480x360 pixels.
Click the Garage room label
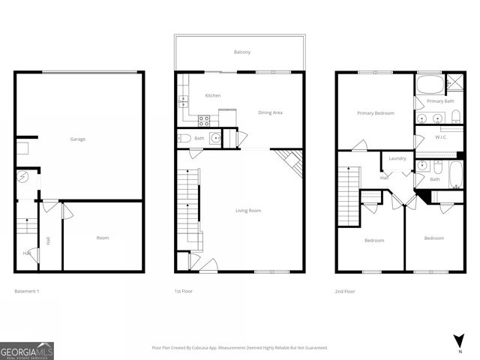click(78, 139)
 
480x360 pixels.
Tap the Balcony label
click(241, 52)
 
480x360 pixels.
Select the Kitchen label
click(213, 96)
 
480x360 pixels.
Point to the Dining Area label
click(270, 112)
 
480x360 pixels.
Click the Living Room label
click(248, 211)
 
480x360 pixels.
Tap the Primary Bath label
click(440, 100)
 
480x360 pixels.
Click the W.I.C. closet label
click(441, 137)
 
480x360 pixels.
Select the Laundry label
click(397, 158)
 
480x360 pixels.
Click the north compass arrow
click(458, 338)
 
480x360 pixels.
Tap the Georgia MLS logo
click(27, 350)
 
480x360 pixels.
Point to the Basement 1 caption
click(27, 290)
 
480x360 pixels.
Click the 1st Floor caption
click(184, 290)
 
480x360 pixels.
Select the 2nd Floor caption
click(345, 290)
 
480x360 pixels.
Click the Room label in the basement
click(103, 238)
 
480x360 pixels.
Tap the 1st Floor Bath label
click(199, 138)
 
